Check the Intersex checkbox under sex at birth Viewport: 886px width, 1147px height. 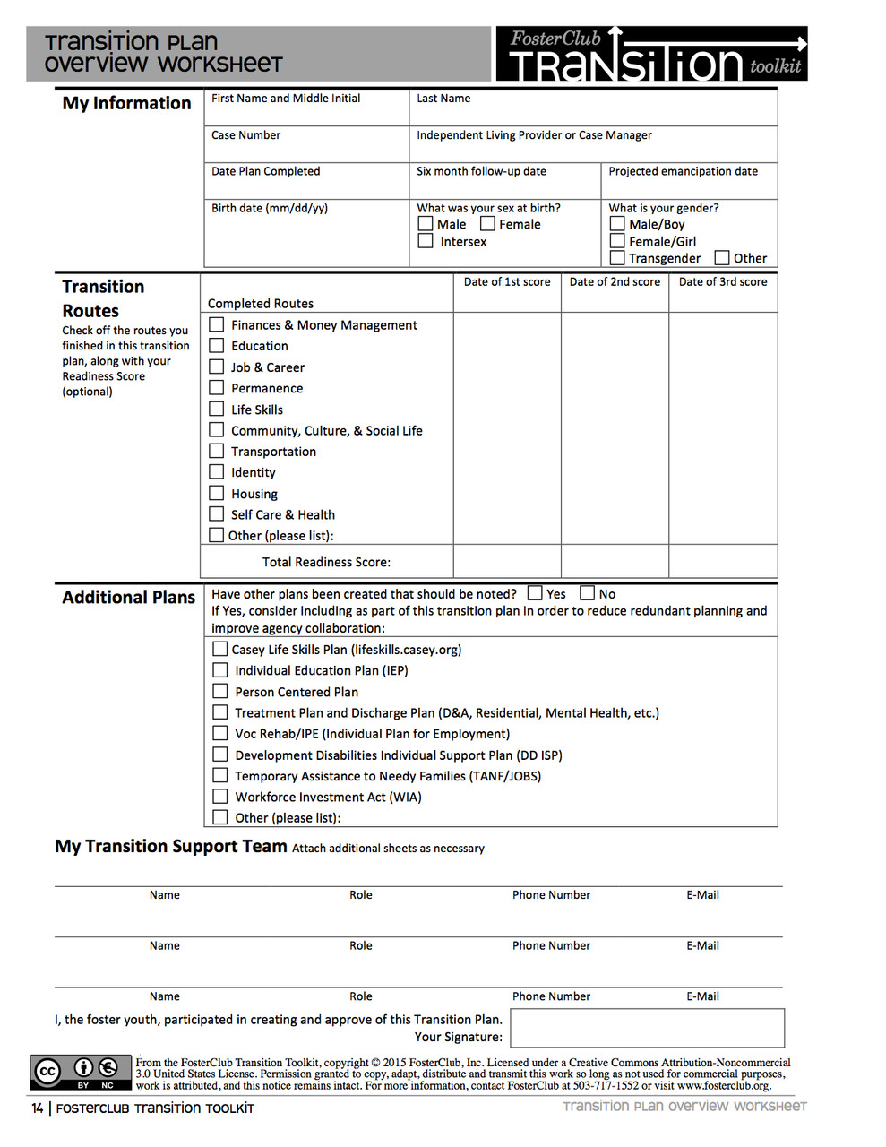(x=426, y=241)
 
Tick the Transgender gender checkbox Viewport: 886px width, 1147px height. (x=616, y=258)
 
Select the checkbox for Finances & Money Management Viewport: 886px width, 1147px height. (x=216, y=324)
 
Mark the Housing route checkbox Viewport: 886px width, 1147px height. (x=216, y=493)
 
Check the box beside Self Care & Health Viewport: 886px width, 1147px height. (x=216, y=513)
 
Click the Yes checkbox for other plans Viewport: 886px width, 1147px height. (x=535, y=593)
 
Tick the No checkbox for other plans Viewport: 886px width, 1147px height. (x=587, y=593)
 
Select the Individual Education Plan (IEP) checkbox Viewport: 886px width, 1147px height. (x=219, y=669)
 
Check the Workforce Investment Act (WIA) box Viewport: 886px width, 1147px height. (x=219, y=796)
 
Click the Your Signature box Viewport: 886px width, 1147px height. (x=647, y=1027)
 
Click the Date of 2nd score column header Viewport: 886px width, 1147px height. (x=615, y=281)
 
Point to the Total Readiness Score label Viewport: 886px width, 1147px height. (x=326, y=562)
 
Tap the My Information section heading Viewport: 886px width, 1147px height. (x=126, y=103)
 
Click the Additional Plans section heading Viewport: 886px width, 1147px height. (x=128, y=597)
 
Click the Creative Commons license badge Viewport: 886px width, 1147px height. (x=82, y=1072)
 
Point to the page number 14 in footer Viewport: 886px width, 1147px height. (x=37, y=1108)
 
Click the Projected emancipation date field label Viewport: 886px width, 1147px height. (x=683, y=171)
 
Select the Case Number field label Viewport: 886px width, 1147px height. (x=245, y=135)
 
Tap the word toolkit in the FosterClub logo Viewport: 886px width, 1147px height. (x=775, y=66)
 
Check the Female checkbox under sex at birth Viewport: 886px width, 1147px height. (x=487, y=223)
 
